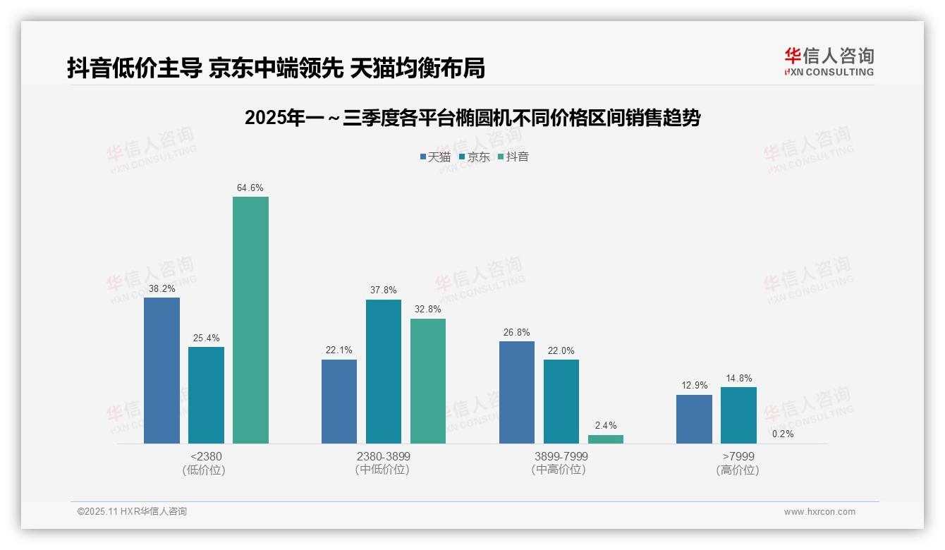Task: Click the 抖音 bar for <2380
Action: coord(250,320)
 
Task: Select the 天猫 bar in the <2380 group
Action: coord(161,370)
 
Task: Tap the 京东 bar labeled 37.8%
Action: coord(383,372)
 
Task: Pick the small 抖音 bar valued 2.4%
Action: coord(605,439)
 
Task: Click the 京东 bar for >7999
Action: coord(738,415)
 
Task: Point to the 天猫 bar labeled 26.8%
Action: coord(516,392)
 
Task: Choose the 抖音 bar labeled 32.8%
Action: coord(428,381)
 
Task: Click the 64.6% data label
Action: coord(250,188)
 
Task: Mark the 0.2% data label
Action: coord(783,434)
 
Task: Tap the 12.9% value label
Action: coord(694,386)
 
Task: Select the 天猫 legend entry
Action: coord(435,157)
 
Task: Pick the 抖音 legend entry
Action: coord(513,157)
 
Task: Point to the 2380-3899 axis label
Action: coord(383,456)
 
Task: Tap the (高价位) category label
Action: coord(738,470)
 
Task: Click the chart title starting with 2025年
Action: coord(472,118)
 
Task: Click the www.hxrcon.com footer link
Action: coord(819,512)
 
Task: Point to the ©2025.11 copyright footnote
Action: coord(132,512)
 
